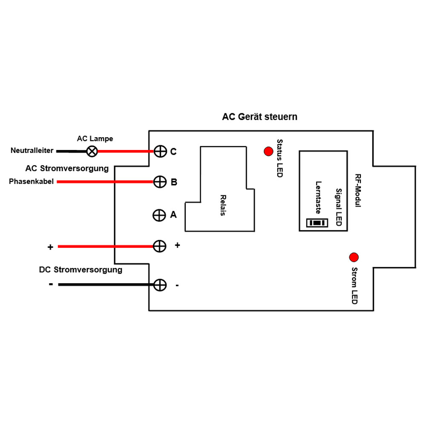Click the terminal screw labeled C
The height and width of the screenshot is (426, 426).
click(160, 151)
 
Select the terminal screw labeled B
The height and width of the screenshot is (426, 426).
click(160, 182)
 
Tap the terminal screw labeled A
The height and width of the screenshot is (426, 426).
click(159, 215)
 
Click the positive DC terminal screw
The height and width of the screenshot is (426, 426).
click(159, 246)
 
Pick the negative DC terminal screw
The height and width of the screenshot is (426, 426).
click(159, 285)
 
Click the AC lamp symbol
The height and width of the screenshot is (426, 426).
click(92, 151)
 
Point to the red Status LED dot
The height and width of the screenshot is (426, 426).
click(268, 151)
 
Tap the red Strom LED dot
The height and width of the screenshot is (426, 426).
click(354, 257)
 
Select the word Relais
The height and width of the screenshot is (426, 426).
click(223, 205)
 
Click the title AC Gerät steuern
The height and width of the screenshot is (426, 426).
click(259, 117)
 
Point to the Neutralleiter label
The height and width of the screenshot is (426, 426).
click(32, 151)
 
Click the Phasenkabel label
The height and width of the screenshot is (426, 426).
click(31, 182)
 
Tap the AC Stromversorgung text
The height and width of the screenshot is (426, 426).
click(67, 168)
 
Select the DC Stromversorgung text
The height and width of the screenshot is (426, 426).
click(81, 270)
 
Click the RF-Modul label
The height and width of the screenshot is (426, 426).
click(357, 191)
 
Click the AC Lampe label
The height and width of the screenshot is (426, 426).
click(95, 139)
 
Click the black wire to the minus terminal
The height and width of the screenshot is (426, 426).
click(106, 285)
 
